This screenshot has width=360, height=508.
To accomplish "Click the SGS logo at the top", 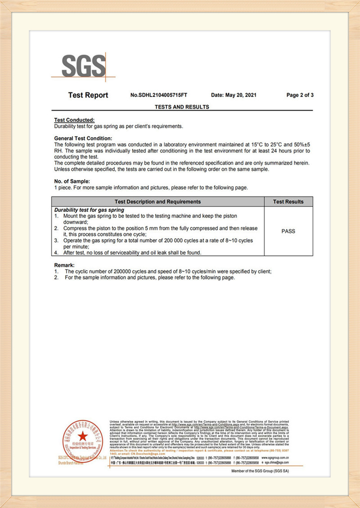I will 84,67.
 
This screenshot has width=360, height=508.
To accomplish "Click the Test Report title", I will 88,95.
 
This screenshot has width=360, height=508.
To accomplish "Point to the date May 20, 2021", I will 234,95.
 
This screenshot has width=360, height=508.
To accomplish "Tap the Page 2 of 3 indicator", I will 300,95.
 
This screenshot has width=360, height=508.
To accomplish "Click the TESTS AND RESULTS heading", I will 182,107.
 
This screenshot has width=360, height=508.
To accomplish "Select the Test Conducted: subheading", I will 74,120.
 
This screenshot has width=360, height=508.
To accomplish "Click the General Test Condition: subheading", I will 83,138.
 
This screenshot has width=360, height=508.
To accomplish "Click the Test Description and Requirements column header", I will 157,202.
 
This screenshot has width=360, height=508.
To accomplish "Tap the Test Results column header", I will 288,202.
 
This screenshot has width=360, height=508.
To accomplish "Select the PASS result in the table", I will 288,232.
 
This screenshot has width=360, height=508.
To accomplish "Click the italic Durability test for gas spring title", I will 89,210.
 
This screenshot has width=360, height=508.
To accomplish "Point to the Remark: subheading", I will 64,265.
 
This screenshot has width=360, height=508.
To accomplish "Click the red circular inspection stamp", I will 82,440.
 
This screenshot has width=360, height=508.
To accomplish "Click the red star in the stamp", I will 82,435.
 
